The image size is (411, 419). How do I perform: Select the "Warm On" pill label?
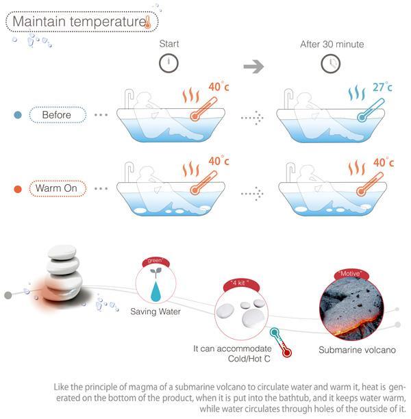(x=57, y=188)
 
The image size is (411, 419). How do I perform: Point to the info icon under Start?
(x=169, y=64)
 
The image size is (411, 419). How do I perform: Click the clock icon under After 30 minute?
(x=331, y=64)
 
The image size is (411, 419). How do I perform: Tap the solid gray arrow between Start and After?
(x=254, y=66)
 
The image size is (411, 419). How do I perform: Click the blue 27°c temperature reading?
(x=382, y=88)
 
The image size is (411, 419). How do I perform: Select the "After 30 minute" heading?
(x=332, y=45)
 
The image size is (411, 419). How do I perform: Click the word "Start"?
(x=169, y=45)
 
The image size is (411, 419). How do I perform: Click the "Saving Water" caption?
(x=155, y=312)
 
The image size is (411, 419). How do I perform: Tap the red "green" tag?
(x=154, y=261)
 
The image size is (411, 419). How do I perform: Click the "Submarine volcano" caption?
(x=357, y=350)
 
